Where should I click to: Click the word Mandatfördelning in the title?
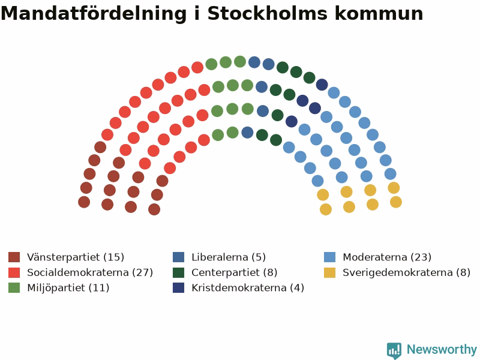pyautogui.click(x=94, y=13)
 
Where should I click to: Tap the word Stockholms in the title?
pyautogui.click(x=267, y=13)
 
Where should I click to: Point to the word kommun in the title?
pyautogui.click(x=379, y=13)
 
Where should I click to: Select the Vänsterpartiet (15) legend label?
pyautogui.click(x=76, y=257)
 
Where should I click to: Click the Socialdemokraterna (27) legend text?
pyautogui.click(x=90, y=272)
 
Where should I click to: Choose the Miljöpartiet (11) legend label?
pyautogui.click(x=68, y=288)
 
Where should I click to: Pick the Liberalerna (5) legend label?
pyautogui.click(x=229, y=257)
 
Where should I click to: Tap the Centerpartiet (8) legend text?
pyautogui.click(x=235, y=272)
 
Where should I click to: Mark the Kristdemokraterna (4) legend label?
pyautogui.click(x=248, y=288)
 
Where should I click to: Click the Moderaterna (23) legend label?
pyautogui.click(x=387, y=257)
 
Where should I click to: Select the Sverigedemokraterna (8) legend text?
pyautogui.click(x=407, y=272)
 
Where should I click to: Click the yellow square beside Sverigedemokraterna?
pyautogui.click(x=329, y=272)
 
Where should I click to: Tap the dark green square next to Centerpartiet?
pyautogui.click(x=178, y=272)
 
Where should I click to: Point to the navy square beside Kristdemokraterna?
pyautogui.click(x=178, y=288)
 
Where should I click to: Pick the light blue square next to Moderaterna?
pyautogui.click(x=329, y=257)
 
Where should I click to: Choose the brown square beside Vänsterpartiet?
pyautogui.click(x=14, y=257)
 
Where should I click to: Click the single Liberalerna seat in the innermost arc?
pyautogui.click(x=247, y=133)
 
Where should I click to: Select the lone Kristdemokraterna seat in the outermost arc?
pyautogui.click(x=322, y=85)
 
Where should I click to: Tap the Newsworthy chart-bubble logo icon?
pyautogui.click(x=394, y=350)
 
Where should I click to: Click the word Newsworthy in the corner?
pyautogui.click(x=442, y=349)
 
